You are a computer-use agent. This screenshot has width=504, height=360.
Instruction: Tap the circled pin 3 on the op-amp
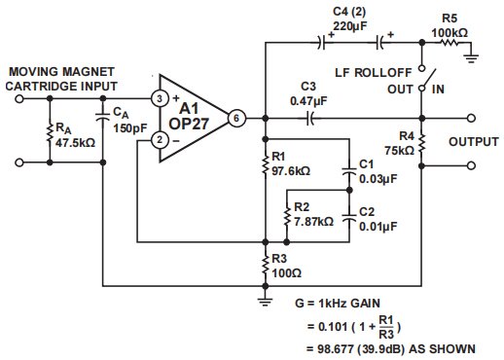pos(159,99)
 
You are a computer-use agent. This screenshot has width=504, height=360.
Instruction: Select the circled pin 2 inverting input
pos(159,141)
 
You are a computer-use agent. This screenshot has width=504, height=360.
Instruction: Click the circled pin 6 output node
pos(235,119)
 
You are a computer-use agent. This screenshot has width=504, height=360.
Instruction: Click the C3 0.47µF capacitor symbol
pos(308,119)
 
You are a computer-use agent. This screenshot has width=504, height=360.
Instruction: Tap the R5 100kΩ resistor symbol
pos(449,42)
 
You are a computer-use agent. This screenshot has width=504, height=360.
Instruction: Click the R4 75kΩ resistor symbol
pos(422,143)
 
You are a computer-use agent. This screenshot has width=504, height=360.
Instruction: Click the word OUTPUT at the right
pos(473,142)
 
